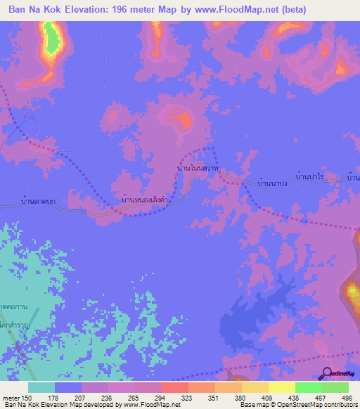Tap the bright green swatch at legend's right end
point(335,387)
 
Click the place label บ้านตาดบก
point(39,202)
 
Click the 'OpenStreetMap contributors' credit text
point(320,405)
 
